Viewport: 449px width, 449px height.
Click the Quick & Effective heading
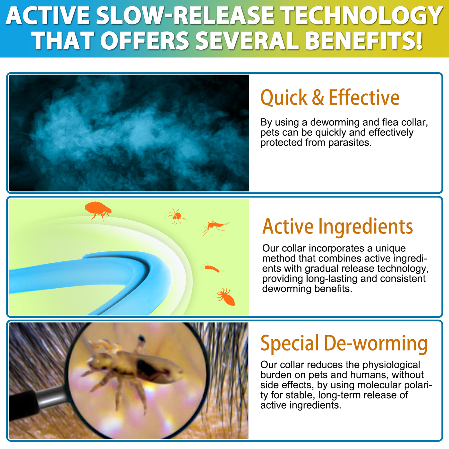click(330, 97)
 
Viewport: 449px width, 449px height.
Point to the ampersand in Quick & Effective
click(318, 97)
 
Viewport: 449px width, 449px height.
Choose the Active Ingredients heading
click(337, 227)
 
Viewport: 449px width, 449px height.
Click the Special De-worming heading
click(344, 343)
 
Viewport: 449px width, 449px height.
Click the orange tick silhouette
click(177, 216)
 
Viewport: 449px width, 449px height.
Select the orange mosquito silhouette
click(215, 226)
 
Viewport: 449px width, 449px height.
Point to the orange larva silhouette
click(211, 268)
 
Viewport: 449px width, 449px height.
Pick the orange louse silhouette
click(226, 297)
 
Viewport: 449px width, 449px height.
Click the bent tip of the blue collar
click(163, 273)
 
